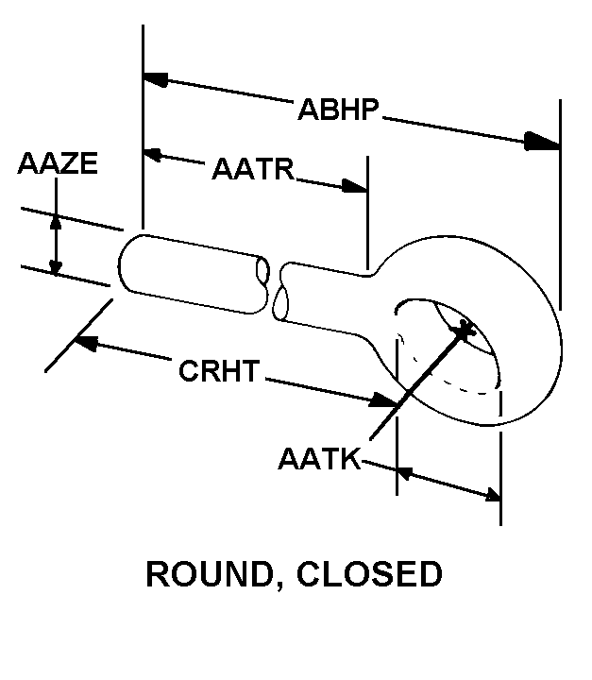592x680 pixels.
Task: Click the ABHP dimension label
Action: tap(338, 110)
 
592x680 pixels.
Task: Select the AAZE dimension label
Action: tap(58, 163)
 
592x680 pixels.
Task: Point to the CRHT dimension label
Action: tap(218, 371)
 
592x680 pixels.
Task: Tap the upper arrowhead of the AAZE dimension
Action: tap(57, 223)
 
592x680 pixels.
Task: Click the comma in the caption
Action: tap(282, 586)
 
